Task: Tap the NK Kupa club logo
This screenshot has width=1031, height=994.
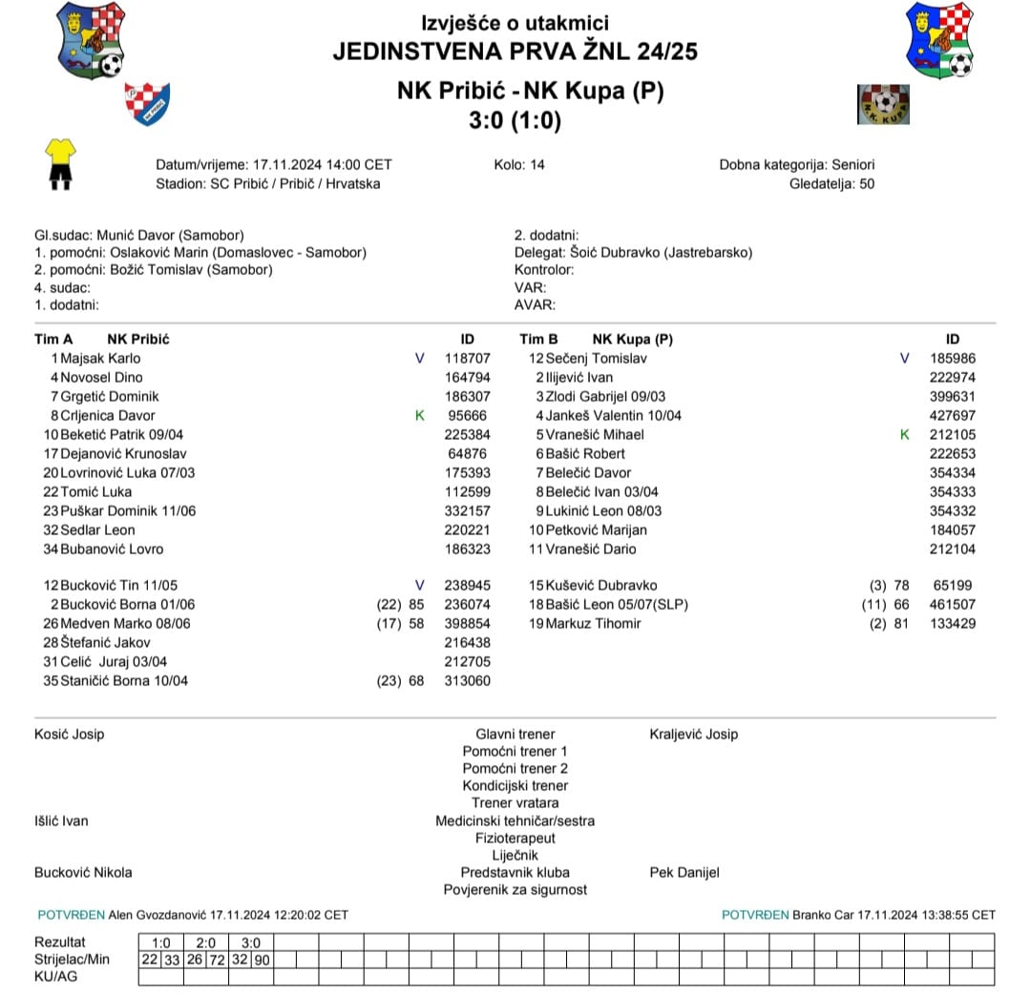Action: click(883, 104)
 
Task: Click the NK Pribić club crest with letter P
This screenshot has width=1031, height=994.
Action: click(147, 103)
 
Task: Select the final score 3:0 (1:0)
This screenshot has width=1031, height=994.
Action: click(515, 121)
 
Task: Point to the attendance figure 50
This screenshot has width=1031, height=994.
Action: click(866, 184)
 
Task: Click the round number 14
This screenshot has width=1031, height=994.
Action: click(537, 165)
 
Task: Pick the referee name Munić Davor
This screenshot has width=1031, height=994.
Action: click(138, 236)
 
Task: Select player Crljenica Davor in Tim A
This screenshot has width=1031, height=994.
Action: click(107, 416)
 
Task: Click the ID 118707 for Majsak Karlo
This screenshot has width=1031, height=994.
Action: click(467, 359)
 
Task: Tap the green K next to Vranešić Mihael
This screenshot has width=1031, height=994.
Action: click(905, 435)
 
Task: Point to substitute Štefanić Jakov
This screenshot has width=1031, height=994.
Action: click(105, 643)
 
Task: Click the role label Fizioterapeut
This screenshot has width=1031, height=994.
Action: click(515, 839)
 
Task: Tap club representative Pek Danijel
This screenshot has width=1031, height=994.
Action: click(684, 873)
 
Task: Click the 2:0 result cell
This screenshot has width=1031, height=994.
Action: click(206, 942)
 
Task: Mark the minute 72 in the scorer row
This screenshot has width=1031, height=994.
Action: click(217, 960)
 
